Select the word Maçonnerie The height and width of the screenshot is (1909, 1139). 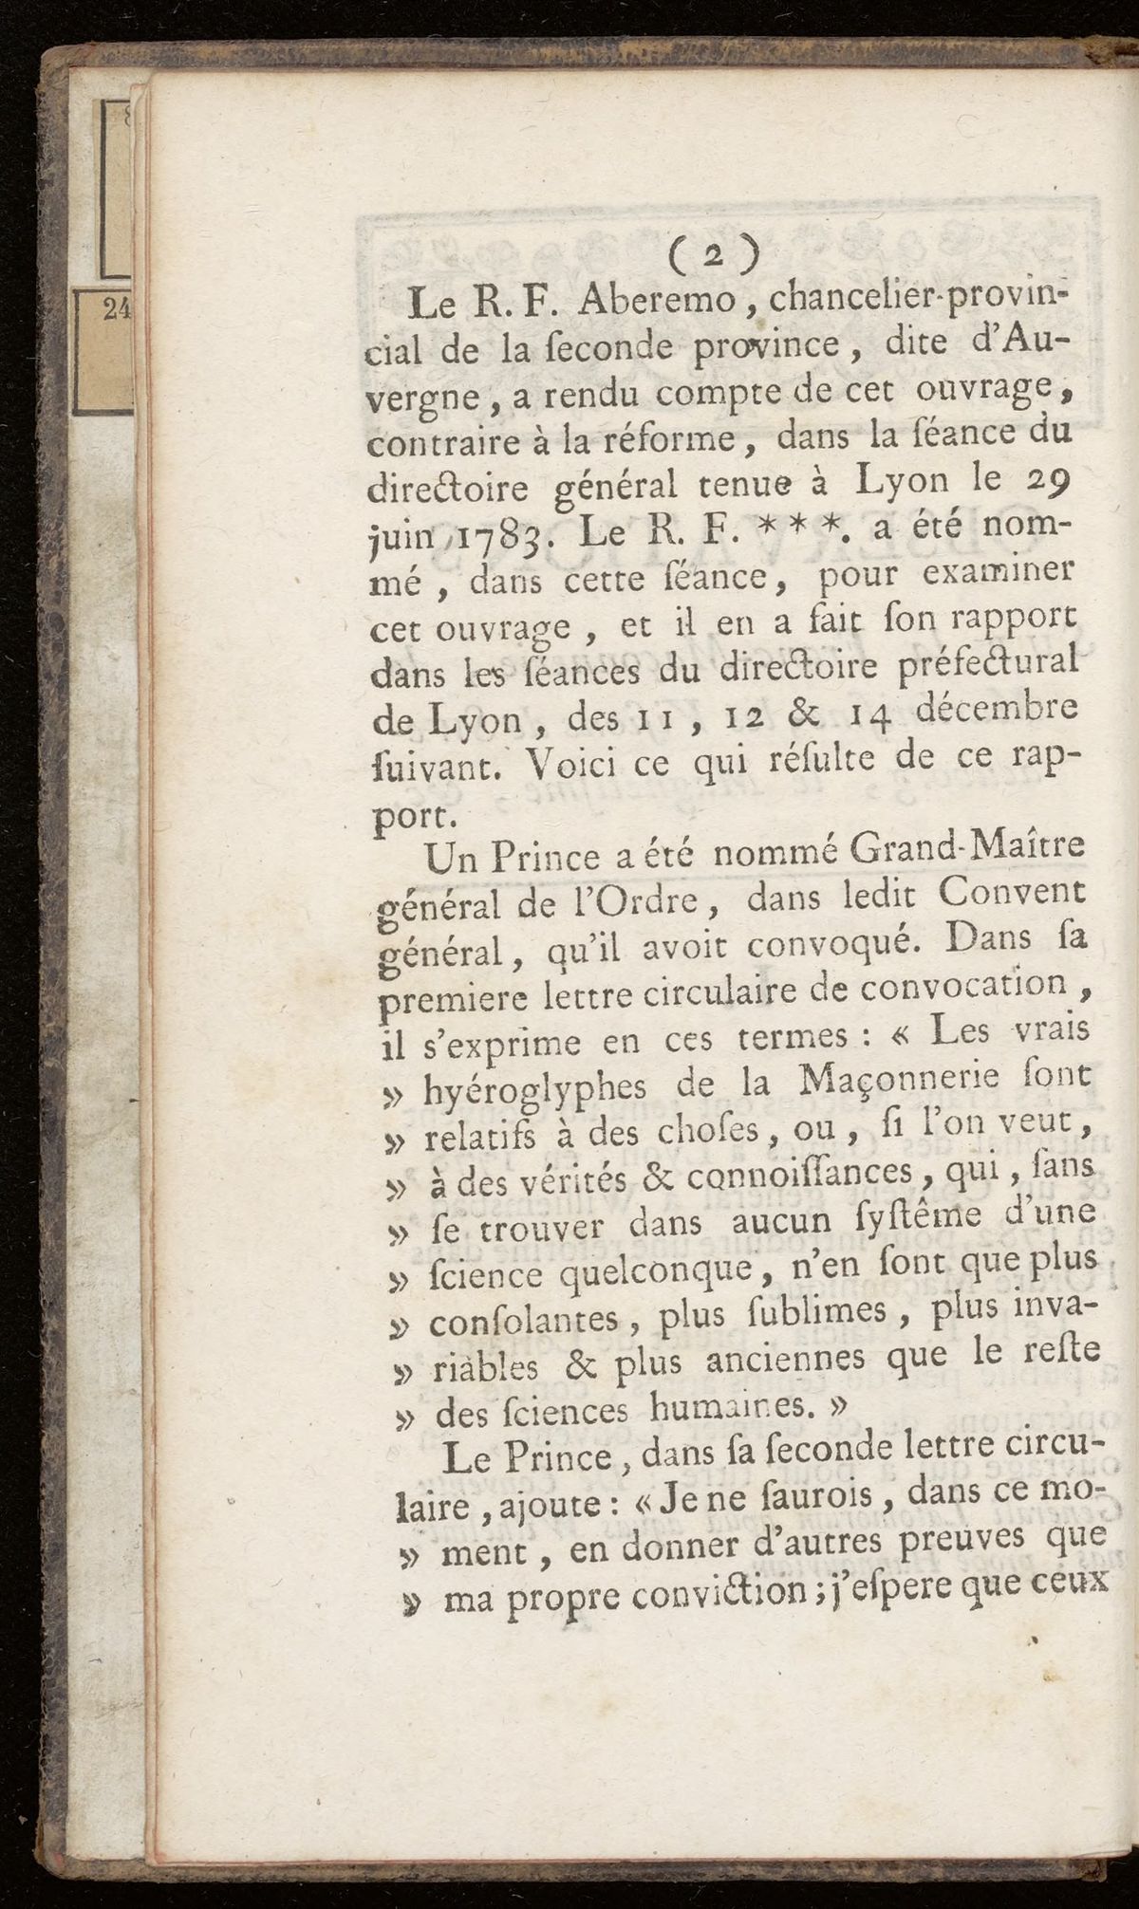pyautogui.click(x=897, y=1080)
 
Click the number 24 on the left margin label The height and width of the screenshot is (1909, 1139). pyautogui.click(x=117, y=310)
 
